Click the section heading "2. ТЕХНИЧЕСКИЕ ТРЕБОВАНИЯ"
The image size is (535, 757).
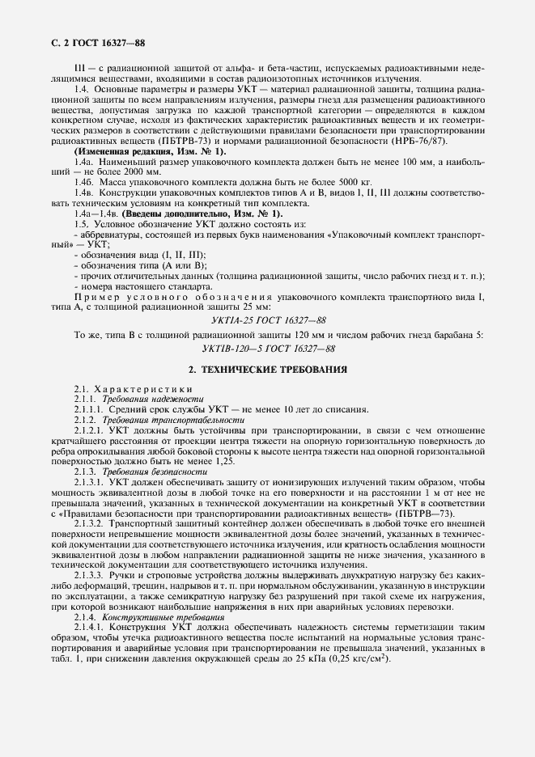pyautogui.click(x=268, y=370)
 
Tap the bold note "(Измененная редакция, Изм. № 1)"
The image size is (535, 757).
pyautogui.click(x=151, y=151)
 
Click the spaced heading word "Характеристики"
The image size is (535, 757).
pyautogui.click(x=130, y=390)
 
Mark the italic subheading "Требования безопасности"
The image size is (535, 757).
pyautogui.click(x=150, y=472)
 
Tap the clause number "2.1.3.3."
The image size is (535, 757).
pyautogui.click(x=91, y=574)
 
